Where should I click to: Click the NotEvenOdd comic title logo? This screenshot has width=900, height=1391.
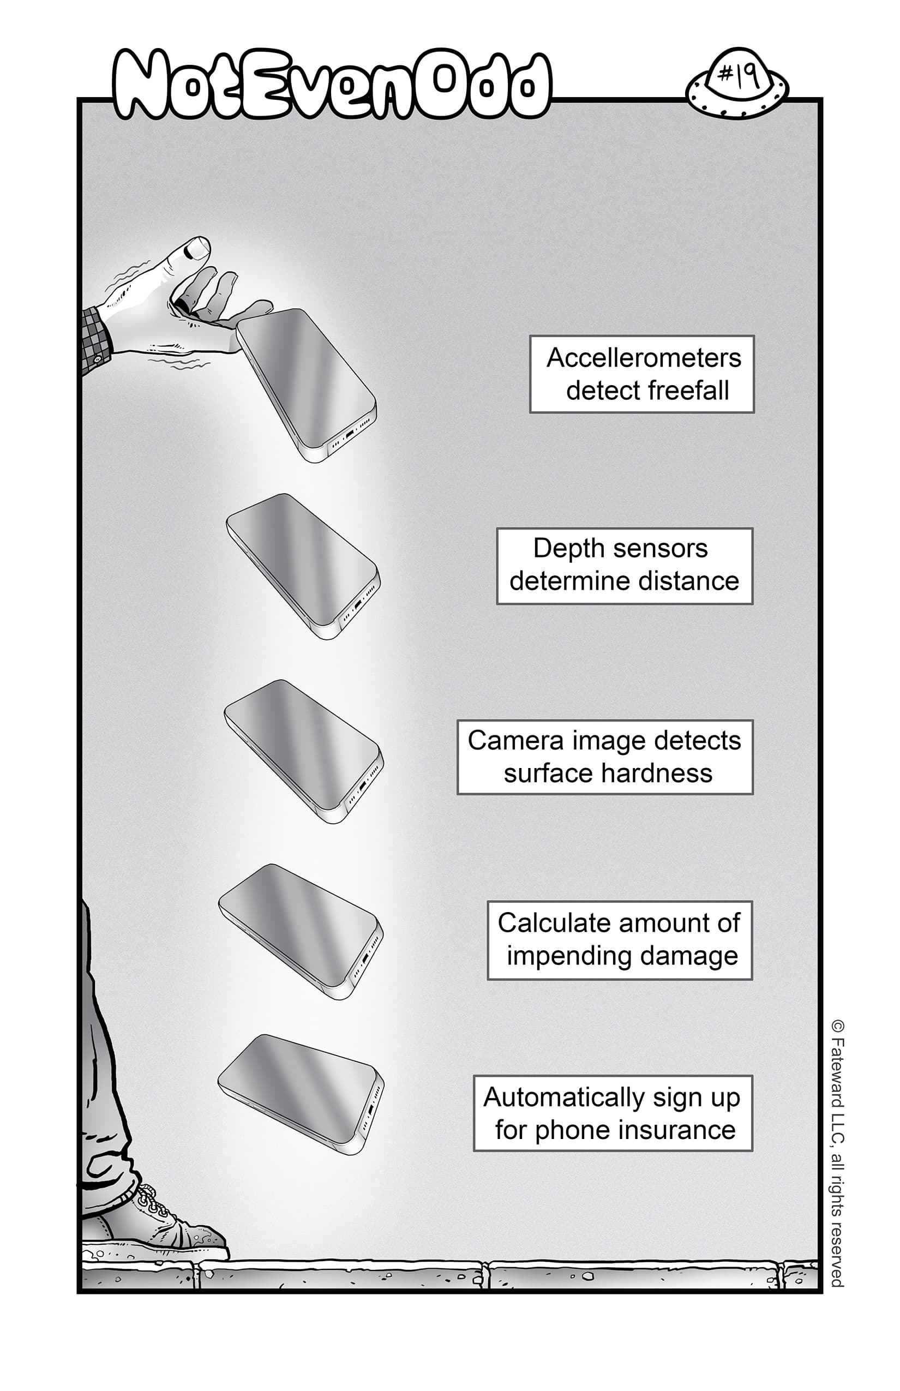click(x=332, y=85)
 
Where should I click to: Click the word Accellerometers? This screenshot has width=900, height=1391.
click(x=644, y=358)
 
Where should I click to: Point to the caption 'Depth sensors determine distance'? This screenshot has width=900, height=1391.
click(x=624, y=565)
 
